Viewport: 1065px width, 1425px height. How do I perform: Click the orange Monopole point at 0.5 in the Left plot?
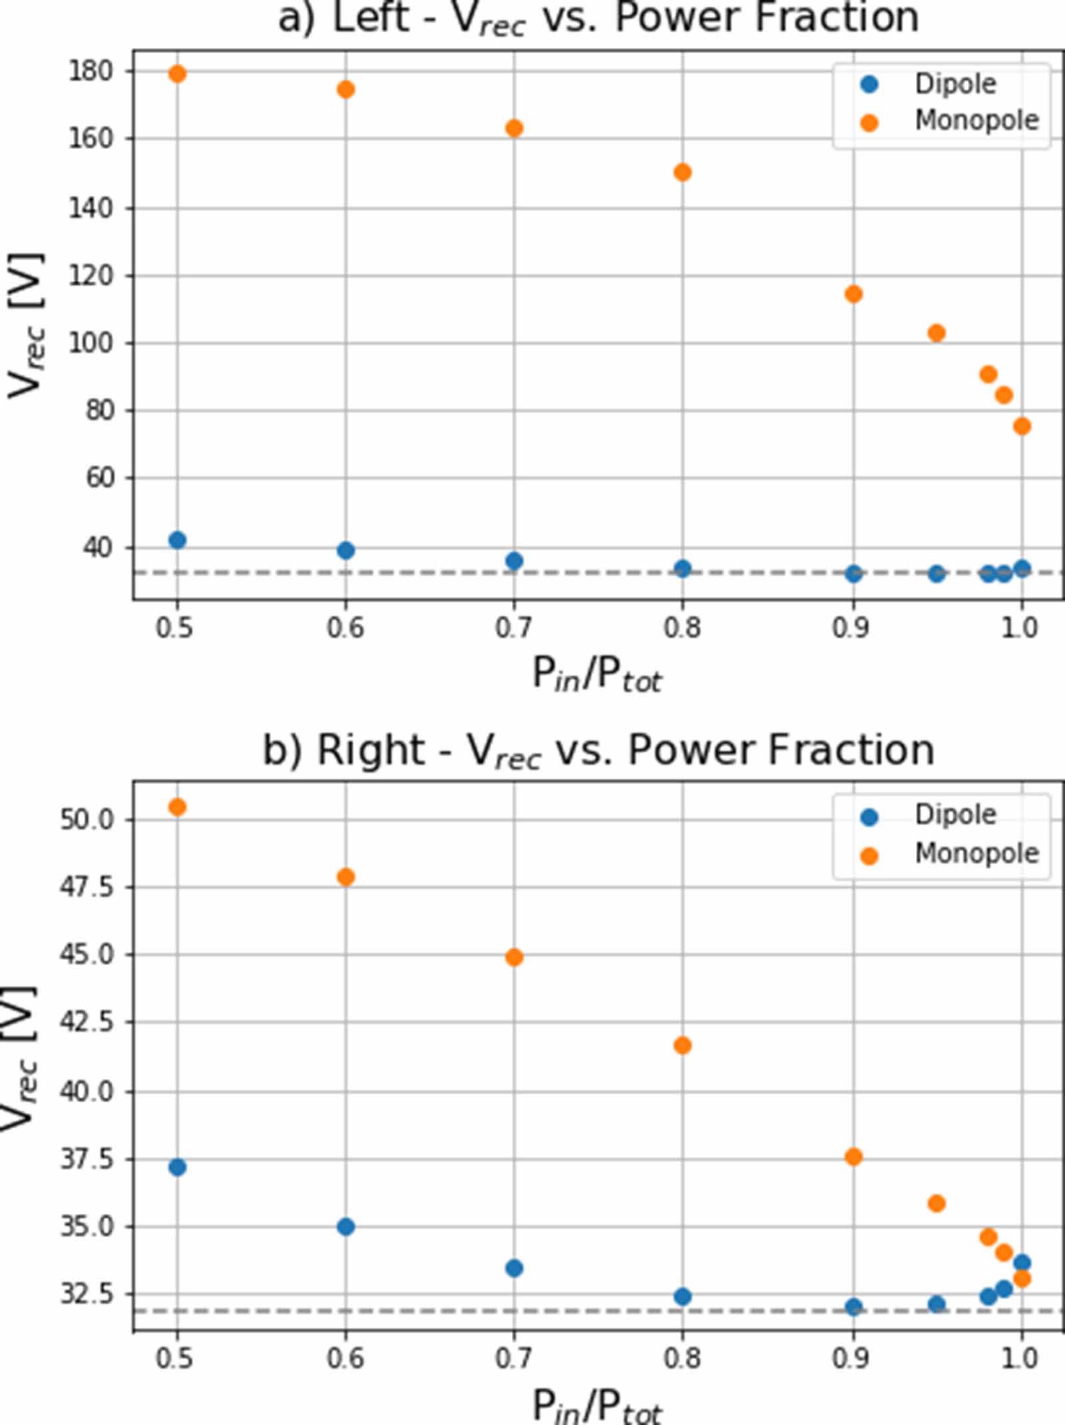coord(177,74)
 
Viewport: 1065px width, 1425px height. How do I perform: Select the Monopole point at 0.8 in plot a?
coord(682,173)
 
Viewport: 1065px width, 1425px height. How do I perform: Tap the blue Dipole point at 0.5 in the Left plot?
coord(177,540)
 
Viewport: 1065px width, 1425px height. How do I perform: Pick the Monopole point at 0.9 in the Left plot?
coord(853,294)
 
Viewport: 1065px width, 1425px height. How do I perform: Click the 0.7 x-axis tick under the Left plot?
coord(513,628)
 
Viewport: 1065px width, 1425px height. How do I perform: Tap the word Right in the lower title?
coord(370,750)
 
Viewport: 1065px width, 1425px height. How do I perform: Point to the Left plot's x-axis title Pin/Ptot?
coord(597,676)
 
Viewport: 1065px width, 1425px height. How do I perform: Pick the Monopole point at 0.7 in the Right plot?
coord(514,958)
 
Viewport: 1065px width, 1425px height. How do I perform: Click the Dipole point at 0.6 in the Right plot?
coord(345,1227)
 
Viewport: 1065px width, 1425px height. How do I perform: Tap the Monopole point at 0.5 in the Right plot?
coord(177,807)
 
